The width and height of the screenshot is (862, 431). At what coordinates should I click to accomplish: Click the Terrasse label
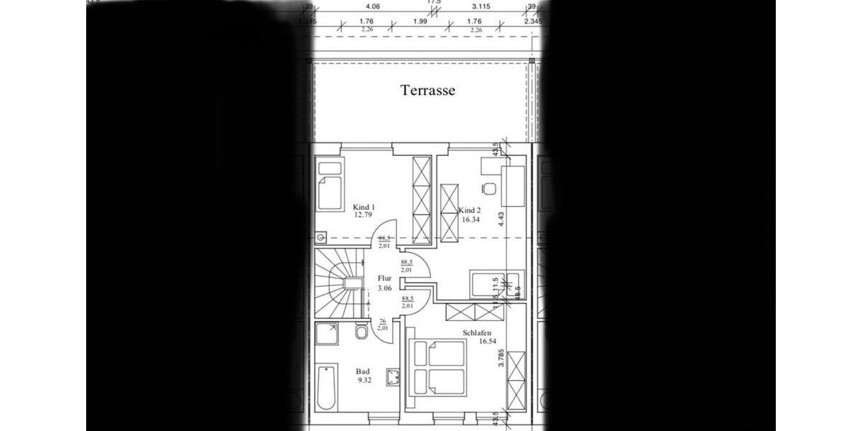coord(428,91)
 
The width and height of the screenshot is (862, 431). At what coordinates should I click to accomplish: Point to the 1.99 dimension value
coord(420,22)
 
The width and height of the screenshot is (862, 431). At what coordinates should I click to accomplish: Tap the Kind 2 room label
coord(470,210)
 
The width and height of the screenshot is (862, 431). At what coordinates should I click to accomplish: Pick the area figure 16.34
coord(470,219)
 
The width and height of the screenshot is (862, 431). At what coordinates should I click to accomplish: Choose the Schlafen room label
coord(477,333)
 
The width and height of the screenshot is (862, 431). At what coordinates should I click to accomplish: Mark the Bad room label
coord(363,371)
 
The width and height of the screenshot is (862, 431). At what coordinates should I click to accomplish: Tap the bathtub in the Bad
coord(326,389)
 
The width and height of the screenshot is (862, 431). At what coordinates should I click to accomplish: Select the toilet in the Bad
coord(361,335)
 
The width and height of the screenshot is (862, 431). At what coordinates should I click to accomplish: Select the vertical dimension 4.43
coord(501,218)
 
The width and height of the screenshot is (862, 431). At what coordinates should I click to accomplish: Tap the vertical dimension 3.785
coord(501,358)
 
